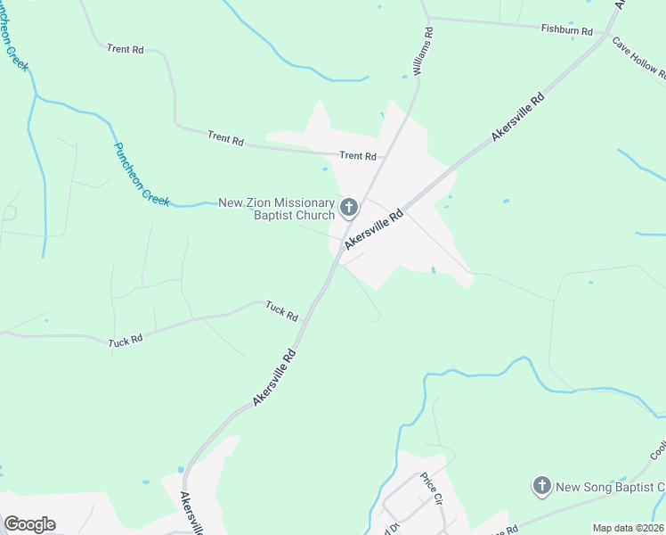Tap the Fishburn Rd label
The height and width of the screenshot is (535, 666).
567,29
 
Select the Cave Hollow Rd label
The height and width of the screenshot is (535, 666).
638,58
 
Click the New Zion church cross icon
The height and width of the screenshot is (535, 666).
348,209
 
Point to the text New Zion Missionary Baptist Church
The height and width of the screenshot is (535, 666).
277,209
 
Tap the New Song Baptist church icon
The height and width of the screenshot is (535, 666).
541,486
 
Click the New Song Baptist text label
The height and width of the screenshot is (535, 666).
610,487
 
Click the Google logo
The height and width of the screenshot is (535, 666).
29,523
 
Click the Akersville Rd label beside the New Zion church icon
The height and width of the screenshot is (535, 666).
375,228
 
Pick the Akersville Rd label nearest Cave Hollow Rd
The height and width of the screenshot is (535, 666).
517,118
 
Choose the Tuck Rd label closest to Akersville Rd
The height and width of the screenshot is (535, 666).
281,311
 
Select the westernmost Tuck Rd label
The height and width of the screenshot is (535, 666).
126,341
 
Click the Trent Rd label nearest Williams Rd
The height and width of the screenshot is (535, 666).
358,156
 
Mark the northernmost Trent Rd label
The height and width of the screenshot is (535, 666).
125,49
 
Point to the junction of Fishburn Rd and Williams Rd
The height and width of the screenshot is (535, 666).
429,18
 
